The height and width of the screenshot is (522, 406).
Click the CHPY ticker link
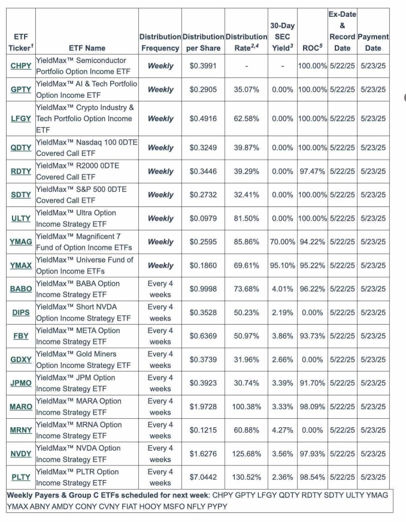point(21,66)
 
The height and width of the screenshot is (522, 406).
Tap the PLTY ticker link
point(21,477)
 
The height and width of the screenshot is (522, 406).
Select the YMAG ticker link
point(21,242)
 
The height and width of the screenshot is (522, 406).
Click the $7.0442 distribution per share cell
point(203,477)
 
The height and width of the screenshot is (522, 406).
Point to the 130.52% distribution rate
point(246,477)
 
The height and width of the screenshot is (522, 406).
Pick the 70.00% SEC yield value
point(283,242)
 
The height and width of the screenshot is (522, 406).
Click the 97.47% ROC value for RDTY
point(313,172)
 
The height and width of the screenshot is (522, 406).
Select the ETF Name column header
point(87,48)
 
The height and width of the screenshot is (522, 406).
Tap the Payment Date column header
point(373,42)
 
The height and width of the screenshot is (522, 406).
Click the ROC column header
point(313,48)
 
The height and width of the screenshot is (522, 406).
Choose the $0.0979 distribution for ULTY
point(203,218)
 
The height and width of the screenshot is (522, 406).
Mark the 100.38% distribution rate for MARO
point(246,406)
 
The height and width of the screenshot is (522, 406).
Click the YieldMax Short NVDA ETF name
point(83,313)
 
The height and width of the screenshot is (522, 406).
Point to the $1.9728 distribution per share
point(203,406)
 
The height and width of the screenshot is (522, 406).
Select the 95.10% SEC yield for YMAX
point(283,265)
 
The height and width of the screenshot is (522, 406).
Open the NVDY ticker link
point(21,454)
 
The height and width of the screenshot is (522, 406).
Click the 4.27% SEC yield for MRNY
point(283,430)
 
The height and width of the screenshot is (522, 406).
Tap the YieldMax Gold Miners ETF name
point(83,359)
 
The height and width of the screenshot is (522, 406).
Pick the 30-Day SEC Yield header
point(283,37)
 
